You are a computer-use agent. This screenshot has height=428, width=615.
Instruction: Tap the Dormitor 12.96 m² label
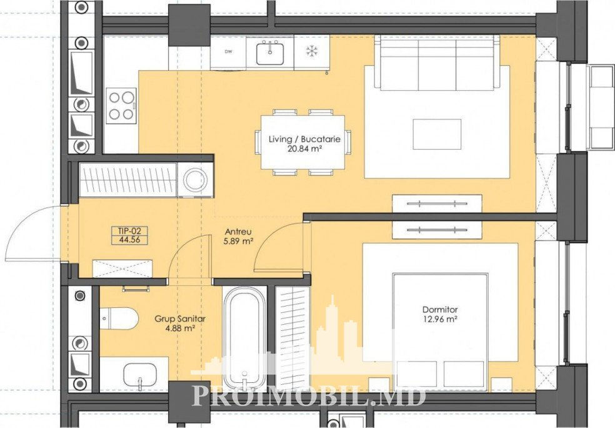pos(439,314)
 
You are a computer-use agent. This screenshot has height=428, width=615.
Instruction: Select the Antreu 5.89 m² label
pos(237,237)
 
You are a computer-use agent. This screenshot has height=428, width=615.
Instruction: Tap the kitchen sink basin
pos(270,53)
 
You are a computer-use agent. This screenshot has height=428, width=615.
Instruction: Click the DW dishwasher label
pos(227,52)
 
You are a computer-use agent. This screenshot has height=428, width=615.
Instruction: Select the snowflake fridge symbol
pos(312,51)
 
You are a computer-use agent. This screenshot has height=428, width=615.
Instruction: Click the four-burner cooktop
pos(121,105)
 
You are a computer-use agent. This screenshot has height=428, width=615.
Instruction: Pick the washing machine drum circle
pos(196,180)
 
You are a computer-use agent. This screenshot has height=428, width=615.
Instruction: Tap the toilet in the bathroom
pos(119,319)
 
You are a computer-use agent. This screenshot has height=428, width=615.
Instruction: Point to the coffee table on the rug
pos(437,134)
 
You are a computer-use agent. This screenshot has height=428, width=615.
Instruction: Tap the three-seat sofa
pos(437,63)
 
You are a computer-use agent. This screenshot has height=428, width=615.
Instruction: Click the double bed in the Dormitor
pos(440,332)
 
